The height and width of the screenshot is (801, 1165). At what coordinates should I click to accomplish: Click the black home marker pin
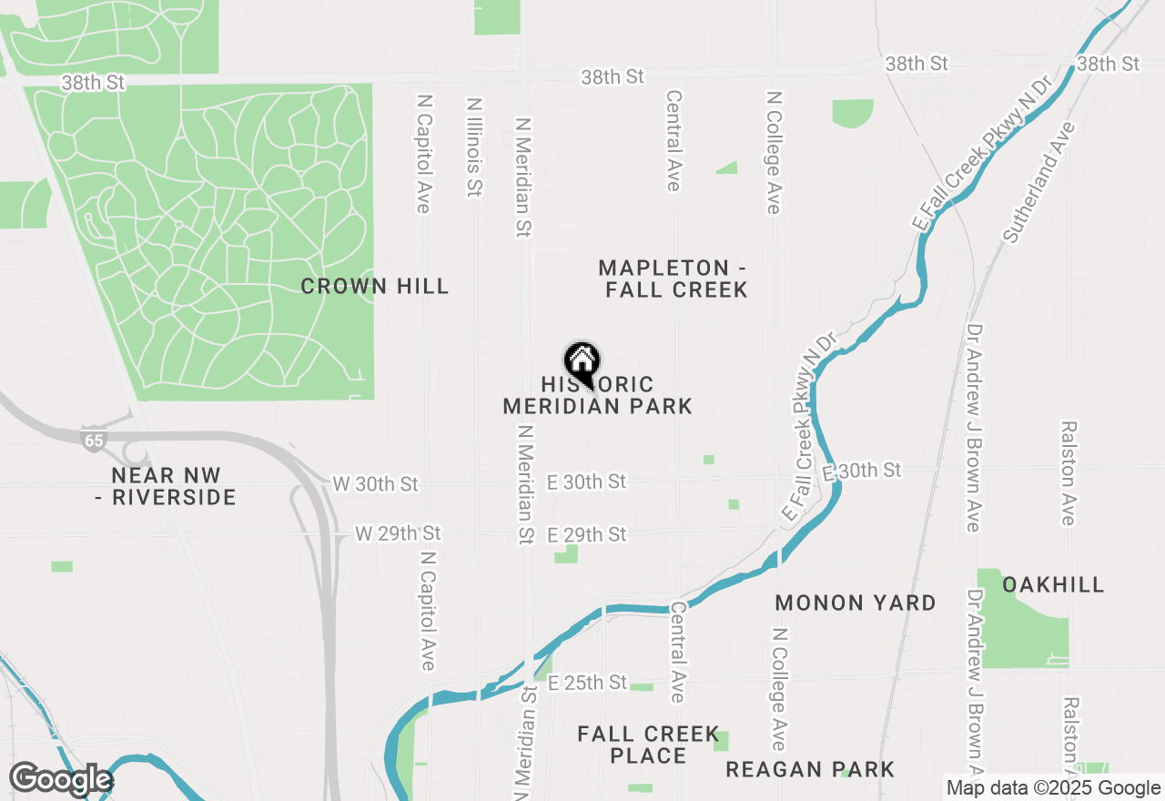click(x=582, y=361)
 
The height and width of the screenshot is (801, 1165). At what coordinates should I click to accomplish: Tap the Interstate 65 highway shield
click(x=92, y=438)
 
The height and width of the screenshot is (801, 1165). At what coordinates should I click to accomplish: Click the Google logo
click(x=60, y=779)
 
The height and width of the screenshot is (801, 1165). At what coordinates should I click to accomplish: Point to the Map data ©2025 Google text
click(x=1053, y=788)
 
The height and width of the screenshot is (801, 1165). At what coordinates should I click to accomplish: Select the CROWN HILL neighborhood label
click(x=375, y=286)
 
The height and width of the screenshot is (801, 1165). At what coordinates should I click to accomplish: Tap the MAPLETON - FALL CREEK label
click(x=674, y=279)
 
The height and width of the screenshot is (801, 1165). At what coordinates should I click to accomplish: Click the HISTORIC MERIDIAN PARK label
click(x=598, y=396)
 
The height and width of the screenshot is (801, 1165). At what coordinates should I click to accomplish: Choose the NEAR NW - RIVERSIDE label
click(x=173, y=486)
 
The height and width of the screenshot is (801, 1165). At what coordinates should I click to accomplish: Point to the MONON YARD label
click(x=856, y=603)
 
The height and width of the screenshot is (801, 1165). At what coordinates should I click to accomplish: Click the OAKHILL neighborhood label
click(x=1053, y=584)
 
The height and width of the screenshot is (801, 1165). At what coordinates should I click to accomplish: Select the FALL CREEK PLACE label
click(x=648, y=745)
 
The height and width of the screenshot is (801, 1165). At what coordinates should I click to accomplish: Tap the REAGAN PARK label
click(x=810, y=770)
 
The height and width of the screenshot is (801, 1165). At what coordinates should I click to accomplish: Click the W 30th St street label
click(x=375, y=483)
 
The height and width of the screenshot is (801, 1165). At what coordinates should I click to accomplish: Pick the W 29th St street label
click(x=398, y=532)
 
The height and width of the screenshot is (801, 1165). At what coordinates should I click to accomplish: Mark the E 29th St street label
click(x=587, y=534)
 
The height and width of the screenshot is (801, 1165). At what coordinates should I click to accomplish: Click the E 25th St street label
click(x=588, y=682)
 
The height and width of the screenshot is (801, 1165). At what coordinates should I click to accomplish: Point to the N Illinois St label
click(x=473, y=148)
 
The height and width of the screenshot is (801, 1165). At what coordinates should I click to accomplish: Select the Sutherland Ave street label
click(x=1038, y=182)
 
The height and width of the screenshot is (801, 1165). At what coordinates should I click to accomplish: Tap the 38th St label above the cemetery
click(x=93, y=83)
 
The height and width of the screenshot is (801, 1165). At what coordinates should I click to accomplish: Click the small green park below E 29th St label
click(x=567, y=553)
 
